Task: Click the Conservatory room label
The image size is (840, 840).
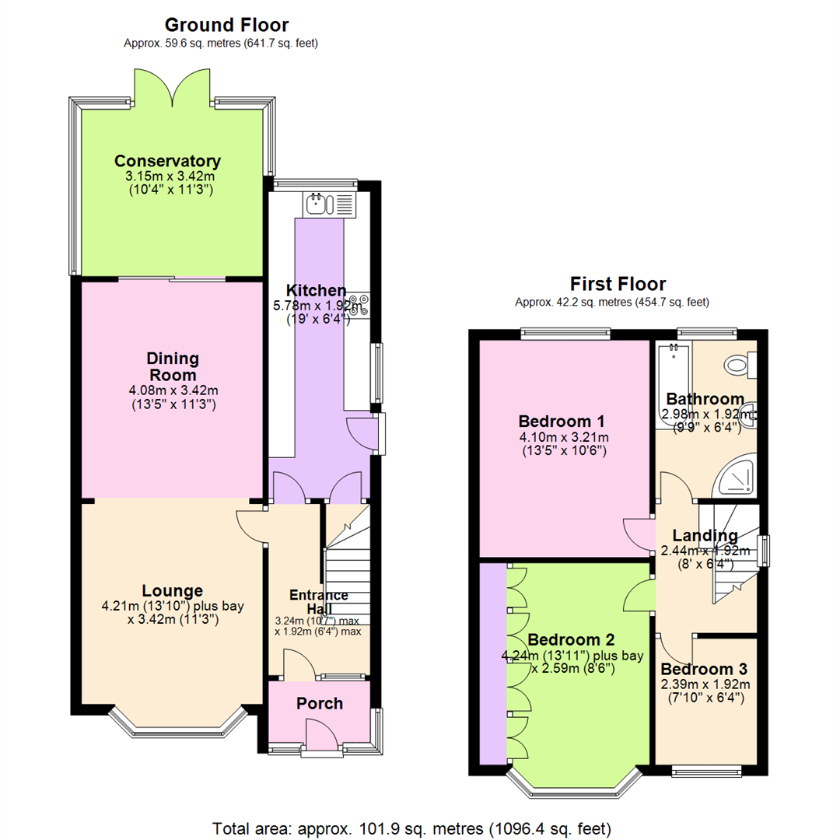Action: [x=167, y=162]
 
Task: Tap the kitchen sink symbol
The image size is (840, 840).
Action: [x=320, y=205]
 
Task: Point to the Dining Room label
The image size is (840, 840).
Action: [x=173, y=367]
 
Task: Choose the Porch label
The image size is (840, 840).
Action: [x=320, y=704]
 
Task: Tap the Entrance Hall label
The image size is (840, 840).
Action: [x=319, y=602]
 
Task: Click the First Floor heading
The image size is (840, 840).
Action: [x=618, y=284]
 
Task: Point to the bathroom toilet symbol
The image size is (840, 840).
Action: [x=736, y=364]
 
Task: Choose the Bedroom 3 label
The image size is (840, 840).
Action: [x=705, y=670]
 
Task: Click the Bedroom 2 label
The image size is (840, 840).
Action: [x=572, y=641]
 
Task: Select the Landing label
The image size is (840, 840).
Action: [x=705, y=536]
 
